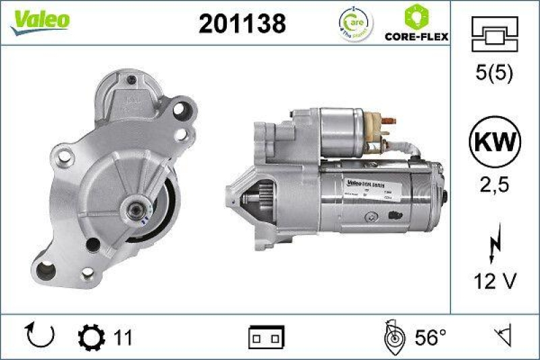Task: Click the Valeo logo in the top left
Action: pos(40,20)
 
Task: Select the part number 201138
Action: pos(242,23)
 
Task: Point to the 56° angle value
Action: pos(430,336)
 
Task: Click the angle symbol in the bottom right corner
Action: pos(501,336)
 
